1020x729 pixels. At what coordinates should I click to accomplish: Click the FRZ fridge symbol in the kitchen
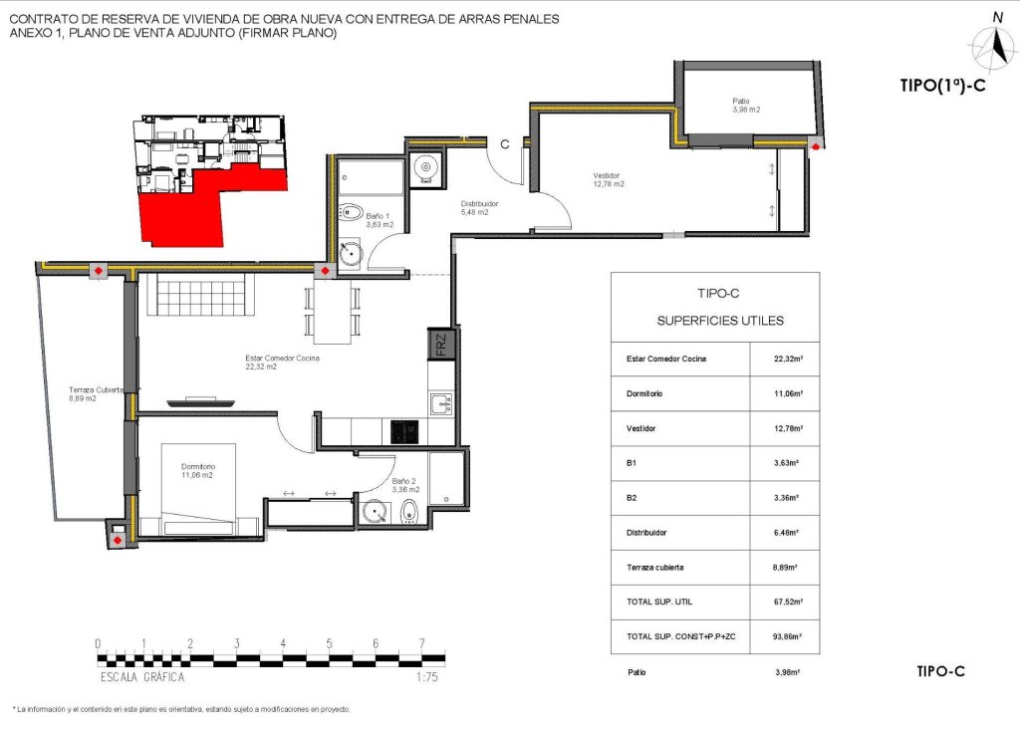coord(440,344)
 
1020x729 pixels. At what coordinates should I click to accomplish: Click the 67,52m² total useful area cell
coord(784,602)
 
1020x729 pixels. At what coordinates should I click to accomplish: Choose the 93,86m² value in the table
coord(784,636)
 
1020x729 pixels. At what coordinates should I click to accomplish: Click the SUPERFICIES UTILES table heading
coord(719,321)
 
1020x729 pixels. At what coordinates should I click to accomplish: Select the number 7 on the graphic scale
coord(422,643)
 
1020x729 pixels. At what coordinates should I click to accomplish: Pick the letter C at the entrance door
coord(505,143)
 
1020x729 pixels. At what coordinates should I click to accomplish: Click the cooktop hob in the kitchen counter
coord(403,431)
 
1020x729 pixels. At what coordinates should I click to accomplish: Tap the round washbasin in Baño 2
coord(377,512)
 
